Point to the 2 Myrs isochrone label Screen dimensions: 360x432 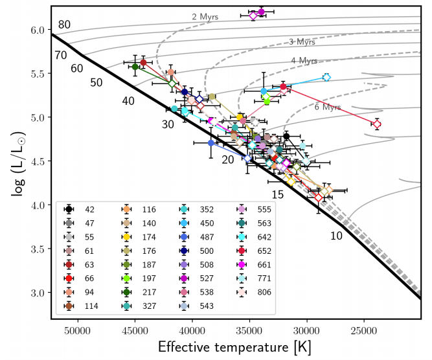203,16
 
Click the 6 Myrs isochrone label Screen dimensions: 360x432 328,107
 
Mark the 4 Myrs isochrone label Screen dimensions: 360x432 304,61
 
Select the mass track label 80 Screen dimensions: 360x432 64,25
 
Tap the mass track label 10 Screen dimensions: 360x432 336,236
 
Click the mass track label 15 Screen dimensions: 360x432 277,194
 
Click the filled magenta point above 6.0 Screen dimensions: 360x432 261,12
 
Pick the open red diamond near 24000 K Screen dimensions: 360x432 377,124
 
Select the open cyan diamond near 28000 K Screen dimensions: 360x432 326,77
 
